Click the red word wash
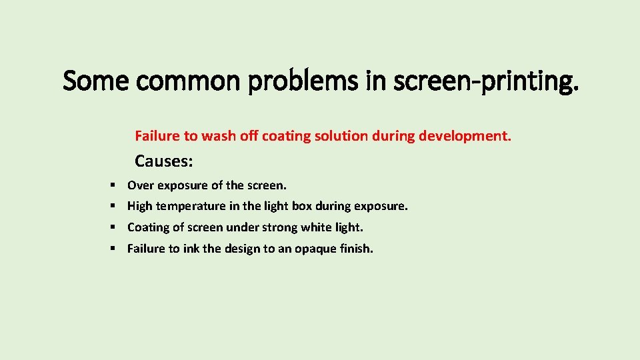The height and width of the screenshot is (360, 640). (219, 136)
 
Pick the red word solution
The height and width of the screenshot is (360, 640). (343, 136)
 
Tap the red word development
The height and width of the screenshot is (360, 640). (465, 136)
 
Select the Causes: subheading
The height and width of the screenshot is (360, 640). (164, 161)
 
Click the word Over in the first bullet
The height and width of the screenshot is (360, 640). (140, 185)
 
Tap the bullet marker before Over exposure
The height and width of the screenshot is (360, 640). (113, 185)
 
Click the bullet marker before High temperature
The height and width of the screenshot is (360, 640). (113, 206)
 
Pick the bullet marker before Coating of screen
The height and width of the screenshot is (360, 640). (113, 227)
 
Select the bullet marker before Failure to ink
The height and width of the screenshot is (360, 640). (113, 249)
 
